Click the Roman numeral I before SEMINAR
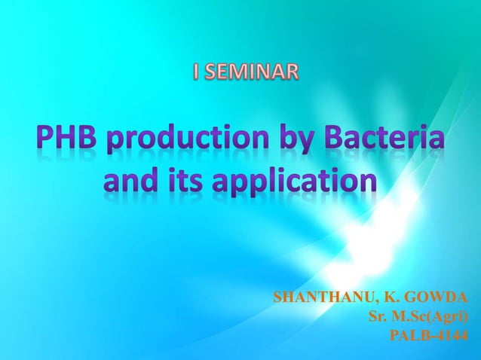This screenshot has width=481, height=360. click(x=197, y=73)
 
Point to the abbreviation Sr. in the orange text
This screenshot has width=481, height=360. click(x=377, y=316)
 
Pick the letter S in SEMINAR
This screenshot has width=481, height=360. click(x=210, y=73)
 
